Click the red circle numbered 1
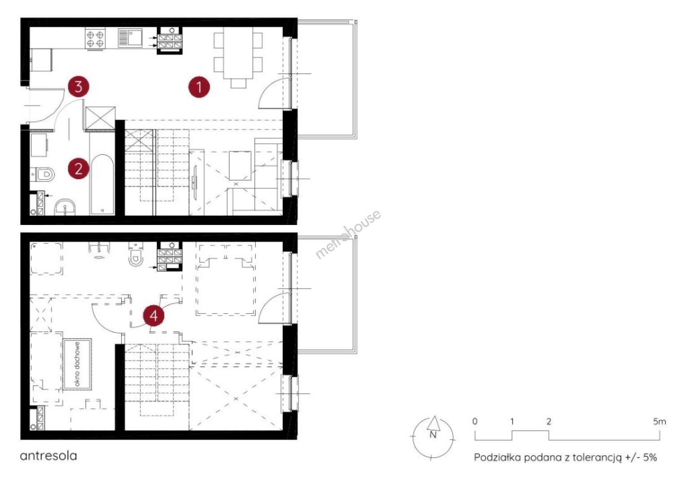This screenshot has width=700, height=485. coord(199,87)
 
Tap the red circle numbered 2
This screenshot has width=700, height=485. coord(79,168)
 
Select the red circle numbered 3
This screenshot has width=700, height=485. coord(79,86)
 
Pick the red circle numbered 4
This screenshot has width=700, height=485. coord(154,316)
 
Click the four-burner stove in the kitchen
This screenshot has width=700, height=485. coord(95,38)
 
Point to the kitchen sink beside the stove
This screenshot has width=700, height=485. coord(130,38)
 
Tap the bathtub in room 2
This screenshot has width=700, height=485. coord(102,184)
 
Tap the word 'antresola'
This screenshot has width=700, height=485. coord(48,456)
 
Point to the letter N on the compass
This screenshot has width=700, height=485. coord(433,435)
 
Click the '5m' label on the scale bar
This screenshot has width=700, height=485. coord(659,422)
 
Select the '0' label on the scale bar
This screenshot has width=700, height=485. coord(475,422)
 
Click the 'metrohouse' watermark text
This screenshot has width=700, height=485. coord(348,234)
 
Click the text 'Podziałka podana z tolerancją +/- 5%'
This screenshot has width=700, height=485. coord(565,458)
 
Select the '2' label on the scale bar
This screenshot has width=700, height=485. coord(549,422)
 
